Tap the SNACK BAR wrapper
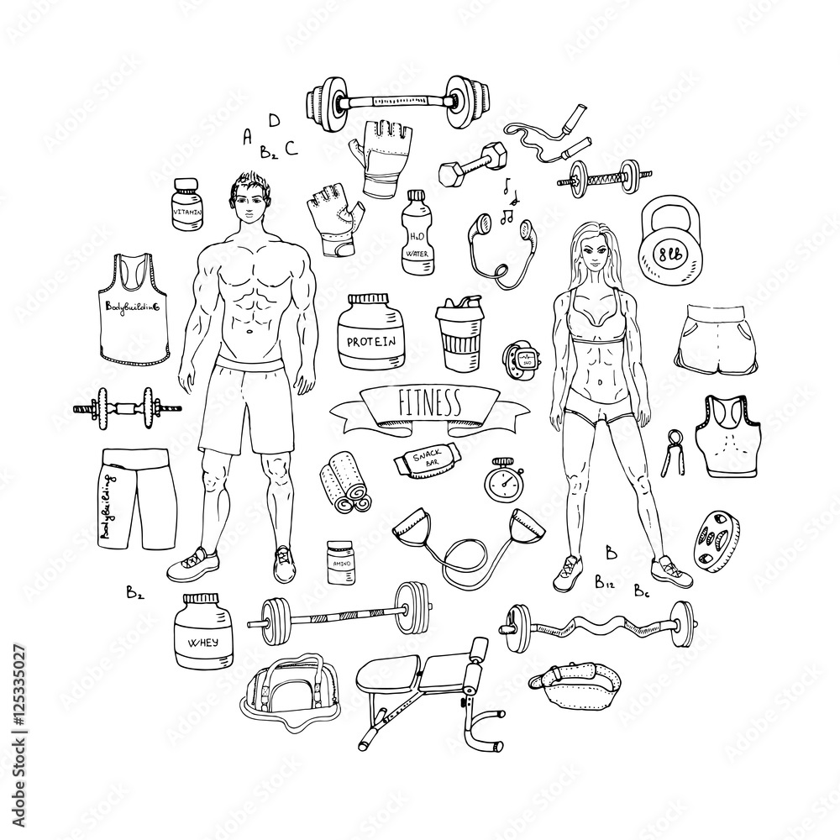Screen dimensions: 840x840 pyautogui.click(x=428, y=461)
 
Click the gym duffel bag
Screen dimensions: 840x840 pyautogui.click(x=290, y=691)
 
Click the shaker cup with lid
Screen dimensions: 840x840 pyautogui.click(x=458, y=333)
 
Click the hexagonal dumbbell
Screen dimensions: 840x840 pyautogui.click(x=461, y=160)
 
